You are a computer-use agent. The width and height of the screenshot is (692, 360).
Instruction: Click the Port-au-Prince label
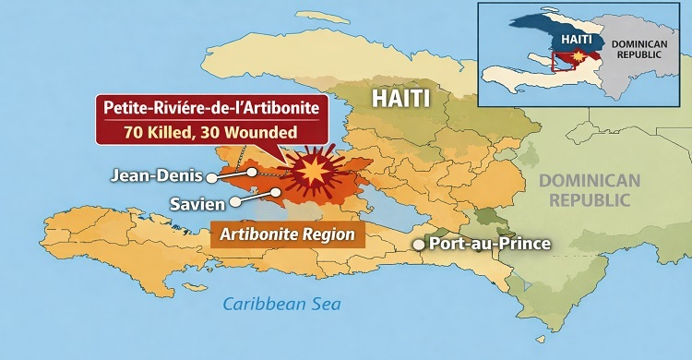491,245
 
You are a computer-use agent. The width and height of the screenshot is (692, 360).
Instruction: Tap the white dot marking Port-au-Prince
419,245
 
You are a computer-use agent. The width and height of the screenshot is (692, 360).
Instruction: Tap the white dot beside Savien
235,199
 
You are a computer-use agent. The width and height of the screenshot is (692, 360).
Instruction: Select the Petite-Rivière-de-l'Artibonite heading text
209,108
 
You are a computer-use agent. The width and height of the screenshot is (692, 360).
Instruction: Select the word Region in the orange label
328,234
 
